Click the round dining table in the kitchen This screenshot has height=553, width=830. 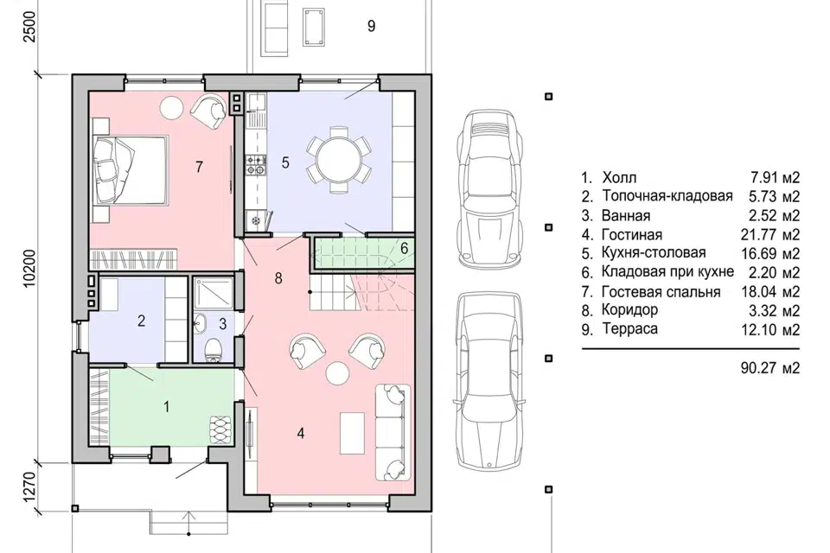click(339, 159)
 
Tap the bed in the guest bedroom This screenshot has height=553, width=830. click(131, 170)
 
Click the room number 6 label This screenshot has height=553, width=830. click(405, 248)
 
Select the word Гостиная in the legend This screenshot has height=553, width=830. click(631, 234)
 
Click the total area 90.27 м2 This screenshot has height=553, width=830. click(770, 368)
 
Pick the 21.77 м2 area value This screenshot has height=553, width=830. click(770, 234)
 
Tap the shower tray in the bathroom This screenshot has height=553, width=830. click(214, 293)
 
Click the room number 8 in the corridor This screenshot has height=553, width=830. click(278, 278)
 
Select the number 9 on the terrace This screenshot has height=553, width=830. click(372, 25)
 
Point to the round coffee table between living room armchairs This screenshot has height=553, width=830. click(337, 373)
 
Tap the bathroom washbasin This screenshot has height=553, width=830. click(201, 324)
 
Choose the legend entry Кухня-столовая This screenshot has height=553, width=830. click(654, 253)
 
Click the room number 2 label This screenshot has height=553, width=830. click(141, 321)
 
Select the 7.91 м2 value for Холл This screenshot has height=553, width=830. click(773, 177)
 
